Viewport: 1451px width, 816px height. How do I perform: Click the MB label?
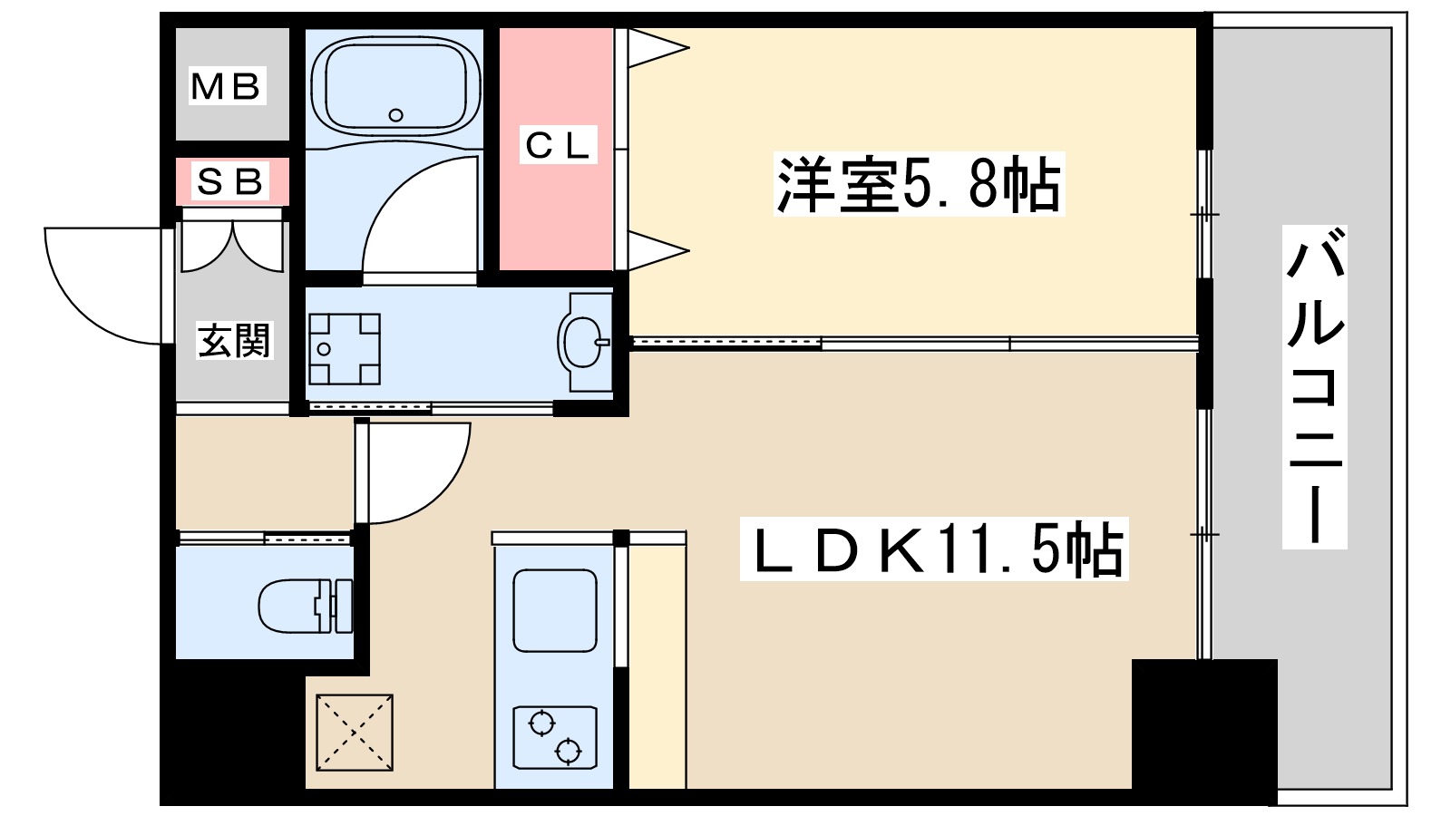coord(227,87)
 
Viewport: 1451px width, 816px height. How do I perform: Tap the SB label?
coord(230,182)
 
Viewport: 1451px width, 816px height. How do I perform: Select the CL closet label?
coord(558,145)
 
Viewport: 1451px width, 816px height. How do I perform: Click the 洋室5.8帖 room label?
coord(918,185)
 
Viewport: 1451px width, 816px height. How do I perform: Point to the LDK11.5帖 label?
coord(934,549)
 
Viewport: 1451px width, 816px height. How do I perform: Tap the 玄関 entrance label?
coord(234,341)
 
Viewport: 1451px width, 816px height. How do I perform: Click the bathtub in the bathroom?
coord(394,85)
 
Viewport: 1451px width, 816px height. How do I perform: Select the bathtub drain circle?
coord(395,115)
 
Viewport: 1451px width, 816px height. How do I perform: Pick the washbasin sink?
coord(582,342)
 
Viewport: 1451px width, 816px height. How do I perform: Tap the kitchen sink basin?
coord(555,610)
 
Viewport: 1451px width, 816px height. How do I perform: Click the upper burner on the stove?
coord(541,724)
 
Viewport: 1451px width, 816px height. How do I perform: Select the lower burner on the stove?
coord(568,751)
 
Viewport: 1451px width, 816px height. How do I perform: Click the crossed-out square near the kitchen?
coord(355,733)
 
